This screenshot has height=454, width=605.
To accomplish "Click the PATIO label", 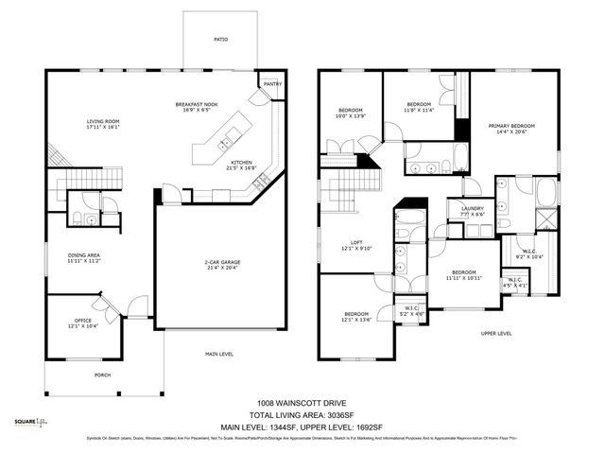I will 219,39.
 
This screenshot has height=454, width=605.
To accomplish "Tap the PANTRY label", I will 273,84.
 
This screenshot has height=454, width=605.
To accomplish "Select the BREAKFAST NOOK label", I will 197,104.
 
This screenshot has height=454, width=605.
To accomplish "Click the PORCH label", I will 102,375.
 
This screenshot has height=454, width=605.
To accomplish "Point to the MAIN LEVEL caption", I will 219,355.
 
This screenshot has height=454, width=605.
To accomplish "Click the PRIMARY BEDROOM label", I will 511,126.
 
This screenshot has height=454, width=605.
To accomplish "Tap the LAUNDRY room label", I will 472,210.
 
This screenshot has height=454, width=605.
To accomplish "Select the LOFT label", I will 356,243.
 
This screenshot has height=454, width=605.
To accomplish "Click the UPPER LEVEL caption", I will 495,334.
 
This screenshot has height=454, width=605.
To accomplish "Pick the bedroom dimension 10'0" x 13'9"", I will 351,116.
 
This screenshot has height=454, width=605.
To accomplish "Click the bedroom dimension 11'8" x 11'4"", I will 419,109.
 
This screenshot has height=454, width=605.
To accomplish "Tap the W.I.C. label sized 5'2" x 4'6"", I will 411,312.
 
